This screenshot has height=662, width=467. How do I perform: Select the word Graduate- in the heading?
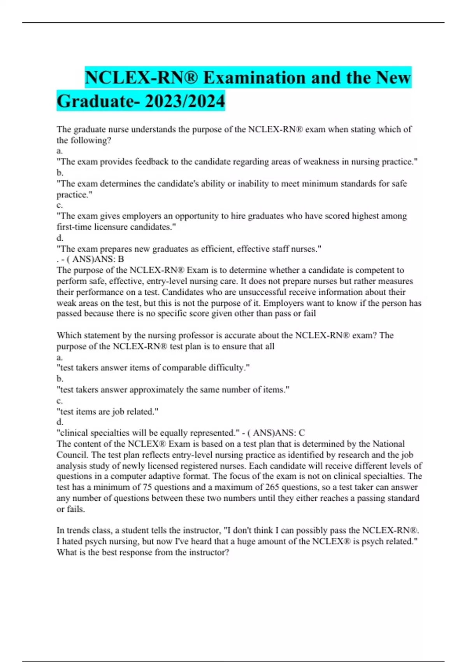98,101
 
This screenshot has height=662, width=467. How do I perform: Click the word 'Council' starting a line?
72,455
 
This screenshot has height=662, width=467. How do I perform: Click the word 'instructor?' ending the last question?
209,553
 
